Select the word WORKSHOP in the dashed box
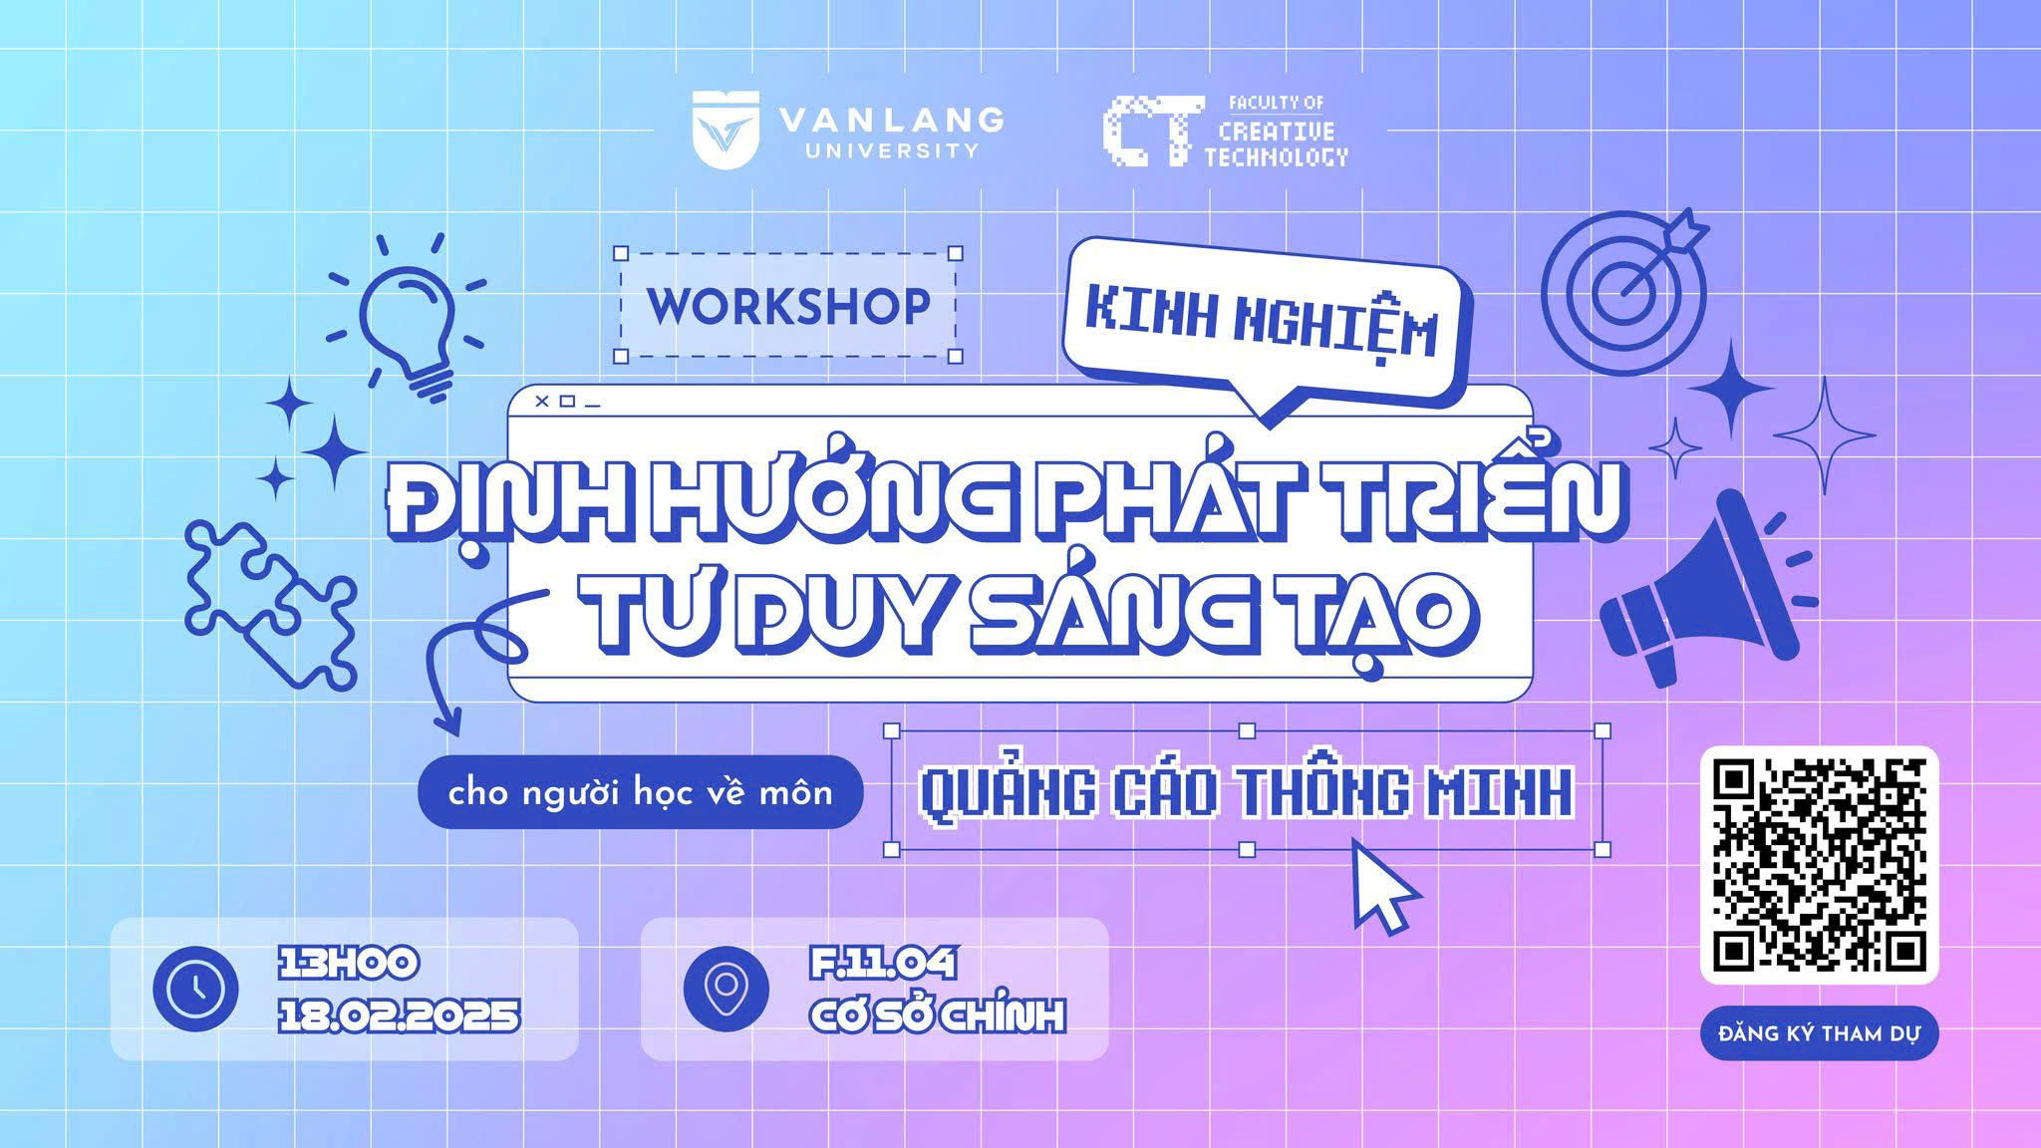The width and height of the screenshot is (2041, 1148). pyautogui.click(x=789, y=306)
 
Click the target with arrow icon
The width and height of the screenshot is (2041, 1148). pyautogui.click(x=1624, y=280)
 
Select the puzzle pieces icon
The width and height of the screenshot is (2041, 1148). pyautogui.click(x=270, y=604)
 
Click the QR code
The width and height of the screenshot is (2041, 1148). pyautogui.click(x=1819, y=865)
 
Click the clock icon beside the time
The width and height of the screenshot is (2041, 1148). pyautogui.click(x=195, y=989)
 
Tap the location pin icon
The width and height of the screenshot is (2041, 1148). pyautogui.click(x=727, y=989)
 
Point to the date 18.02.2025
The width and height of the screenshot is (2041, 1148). pyautogui.click(x=399, y=1016)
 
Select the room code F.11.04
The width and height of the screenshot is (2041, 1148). pyautogui.click(x=883, y=964)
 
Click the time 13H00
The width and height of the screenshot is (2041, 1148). pyautogui.click(x=348, y=964)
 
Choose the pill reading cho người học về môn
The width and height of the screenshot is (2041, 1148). pyautogui.click(x=640, y=792)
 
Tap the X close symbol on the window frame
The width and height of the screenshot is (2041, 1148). pyautogui.click(x=542, y=402)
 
